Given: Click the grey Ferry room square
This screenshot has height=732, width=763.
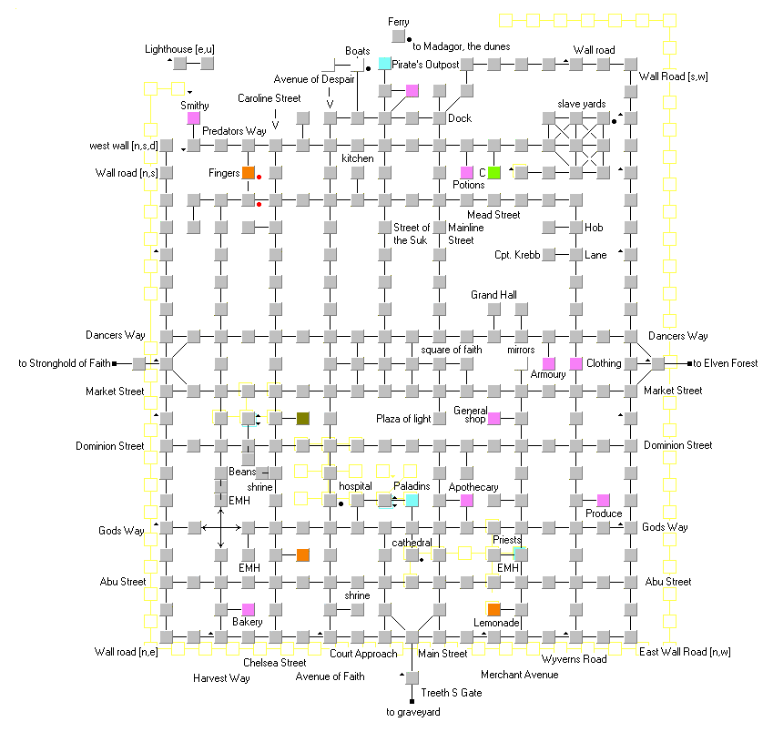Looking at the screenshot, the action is click(x=398, y=36).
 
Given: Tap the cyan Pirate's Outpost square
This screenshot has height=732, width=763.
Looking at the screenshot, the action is click(x=384, y=63).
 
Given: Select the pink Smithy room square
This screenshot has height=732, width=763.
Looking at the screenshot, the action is click(x=194, y=117).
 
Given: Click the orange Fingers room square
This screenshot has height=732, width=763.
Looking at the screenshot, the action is click(x=249, y=172).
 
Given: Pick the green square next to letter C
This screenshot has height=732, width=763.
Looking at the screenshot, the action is click(x=493, y=172).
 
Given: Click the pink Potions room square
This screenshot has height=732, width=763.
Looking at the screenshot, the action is click(x=467, y=172).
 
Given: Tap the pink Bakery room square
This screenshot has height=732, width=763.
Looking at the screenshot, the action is click(x=249, y=609).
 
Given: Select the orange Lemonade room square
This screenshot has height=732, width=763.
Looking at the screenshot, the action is click(x=493, y=609).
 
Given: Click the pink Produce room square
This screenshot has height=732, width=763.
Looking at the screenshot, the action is click(x=603, y=501).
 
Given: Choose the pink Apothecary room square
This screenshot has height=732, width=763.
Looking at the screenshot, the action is click(x=467, y=501).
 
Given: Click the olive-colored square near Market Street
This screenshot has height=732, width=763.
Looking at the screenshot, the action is click(x=302, y=418).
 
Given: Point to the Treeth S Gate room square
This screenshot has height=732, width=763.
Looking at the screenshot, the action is click(x=412, y=677).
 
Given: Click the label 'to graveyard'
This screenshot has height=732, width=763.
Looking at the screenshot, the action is click(x=413, y=712).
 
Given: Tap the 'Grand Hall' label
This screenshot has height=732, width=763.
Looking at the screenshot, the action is click(x=493, y=295).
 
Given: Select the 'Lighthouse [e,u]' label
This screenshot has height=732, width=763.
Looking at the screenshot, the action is click(x=179, y=49).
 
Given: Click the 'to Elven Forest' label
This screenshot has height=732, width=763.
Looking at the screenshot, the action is click(x=725, y=363).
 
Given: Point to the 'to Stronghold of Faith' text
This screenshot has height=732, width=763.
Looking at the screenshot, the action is click(x=65, y=363).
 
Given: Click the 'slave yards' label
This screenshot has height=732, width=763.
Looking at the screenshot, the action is click(x=582, y=104).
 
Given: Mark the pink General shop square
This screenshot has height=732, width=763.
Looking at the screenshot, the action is click(x=493, y=418).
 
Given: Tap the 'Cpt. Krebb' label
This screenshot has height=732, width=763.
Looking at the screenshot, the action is click(x=517, y=255).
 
